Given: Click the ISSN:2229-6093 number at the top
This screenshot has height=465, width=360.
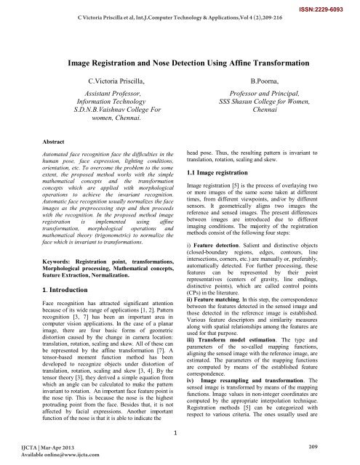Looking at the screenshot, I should click(x=327, y=5).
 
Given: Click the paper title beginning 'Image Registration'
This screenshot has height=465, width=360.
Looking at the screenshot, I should click(x=180, y=65).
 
